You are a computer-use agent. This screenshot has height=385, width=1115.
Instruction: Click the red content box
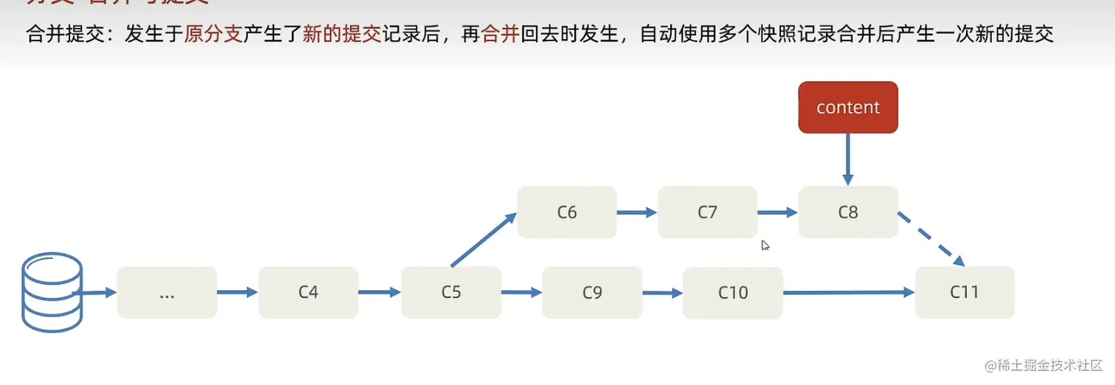click(848, 107)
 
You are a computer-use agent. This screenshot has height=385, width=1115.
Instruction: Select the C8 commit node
click(848, 212)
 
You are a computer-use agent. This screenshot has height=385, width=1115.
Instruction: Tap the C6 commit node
click(566, 212)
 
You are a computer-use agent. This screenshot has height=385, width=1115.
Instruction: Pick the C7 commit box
click(707, 212)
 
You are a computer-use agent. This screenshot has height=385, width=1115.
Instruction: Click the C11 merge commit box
click(965, 292)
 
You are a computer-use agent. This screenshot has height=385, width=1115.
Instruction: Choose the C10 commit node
click(733, 292)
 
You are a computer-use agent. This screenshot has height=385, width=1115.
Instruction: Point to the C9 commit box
click(592, 292)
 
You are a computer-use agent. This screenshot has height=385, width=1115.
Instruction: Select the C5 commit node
click(451, 292)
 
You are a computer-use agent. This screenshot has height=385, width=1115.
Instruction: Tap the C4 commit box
click(308, 292)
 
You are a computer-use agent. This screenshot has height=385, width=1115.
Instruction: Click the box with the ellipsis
click(167, 292)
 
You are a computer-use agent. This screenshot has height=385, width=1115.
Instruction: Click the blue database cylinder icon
click(52, 292)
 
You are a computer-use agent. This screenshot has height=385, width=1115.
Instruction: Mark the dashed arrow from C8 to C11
click(931, 239)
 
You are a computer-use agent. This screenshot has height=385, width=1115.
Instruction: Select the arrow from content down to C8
click(848, 159)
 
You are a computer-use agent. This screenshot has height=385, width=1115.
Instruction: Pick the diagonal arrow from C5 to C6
click(483, 240)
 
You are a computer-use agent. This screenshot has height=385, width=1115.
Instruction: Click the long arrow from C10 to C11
click(848, 293)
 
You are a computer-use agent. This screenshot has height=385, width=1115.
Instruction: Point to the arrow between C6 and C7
click(636, 212)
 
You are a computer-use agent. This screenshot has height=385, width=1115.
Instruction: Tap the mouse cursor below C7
click(765, 245)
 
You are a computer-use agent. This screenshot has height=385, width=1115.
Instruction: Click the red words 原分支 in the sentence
click(213, 35)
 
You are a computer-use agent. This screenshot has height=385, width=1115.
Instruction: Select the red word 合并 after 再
click(500, 35)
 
